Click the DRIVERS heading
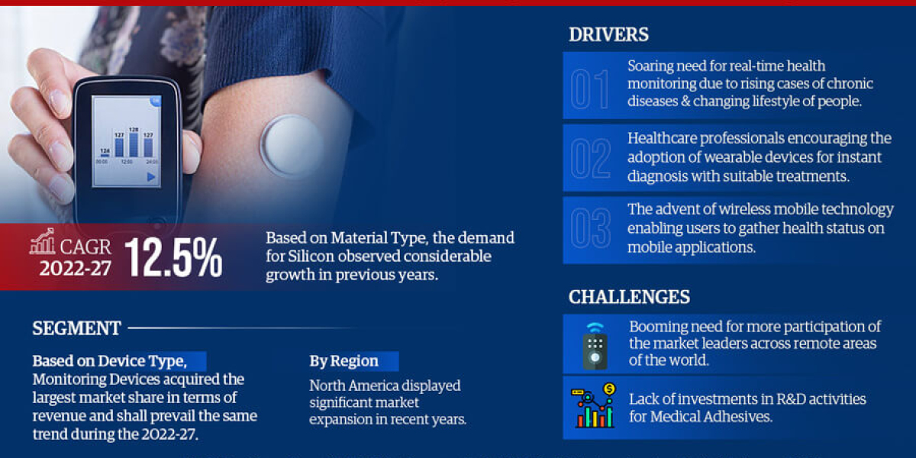(x=608, y=34)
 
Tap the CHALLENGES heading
(x=629, y=297)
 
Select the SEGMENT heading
(x=76, y=329)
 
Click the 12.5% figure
(x=174, y=257)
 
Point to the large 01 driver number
(x=590, y=87)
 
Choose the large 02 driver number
(x=590, y=158)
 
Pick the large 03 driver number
(x=590, y=229)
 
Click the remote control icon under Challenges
(x=595, y=345)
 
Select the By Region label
(x=343, y=361)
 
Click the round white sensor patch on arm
(x=292, y=145)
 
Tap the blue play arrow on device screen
(x=151, y=177)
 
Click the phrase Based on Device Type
(x=108, y=361)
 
